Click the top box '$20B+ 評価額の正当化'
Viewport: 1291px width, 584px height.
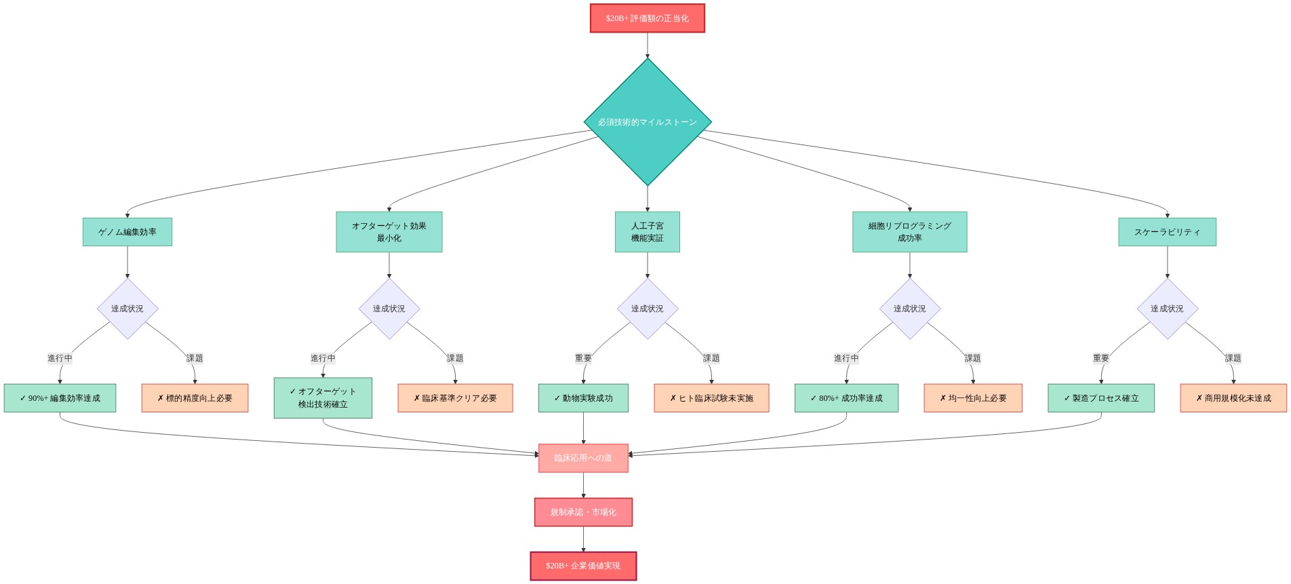647,18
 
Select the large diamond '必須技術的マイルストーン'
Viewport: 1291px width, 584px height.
648,122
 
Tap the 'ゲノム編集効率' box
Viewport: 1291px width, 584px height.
127,232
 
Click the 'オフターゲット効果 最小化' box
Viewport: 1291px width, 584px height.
389,232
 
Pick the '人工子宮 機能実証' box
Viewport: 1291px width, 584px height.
648,232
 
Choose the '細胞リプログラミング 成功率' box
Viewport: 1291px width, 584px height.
909,232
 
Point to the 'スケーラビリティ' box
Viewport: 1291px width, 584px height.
1167,232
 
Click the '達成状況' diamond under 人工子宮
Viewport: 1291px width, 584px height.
648,309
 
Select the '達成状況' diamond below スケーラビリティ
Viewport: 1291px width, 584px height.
1167,309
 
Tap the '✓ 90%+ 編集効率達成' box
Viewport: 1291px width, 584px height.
60,398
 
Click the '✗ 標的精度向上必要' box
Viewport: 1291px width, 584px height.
195,398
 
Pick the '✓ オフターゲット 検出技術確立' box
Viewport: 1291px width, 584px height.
323,398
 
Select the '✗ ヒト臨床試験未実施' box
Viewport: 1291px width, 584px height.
711,398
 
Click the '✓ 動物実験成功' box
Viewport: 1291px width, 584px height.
583,398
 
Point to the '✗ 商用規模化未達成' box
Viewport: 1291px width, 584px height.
1233,398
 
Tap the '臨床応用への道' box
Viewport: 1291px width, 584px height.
583,458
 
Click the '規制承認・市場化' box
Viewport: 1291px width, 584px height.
583,512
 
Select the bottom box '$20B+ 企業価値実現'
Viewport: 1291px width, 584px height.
583,566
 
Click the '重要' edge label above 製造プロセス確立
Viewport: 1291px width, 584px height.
1101,358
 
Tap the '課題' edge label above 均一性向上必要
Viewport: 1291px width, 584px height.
973,358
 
